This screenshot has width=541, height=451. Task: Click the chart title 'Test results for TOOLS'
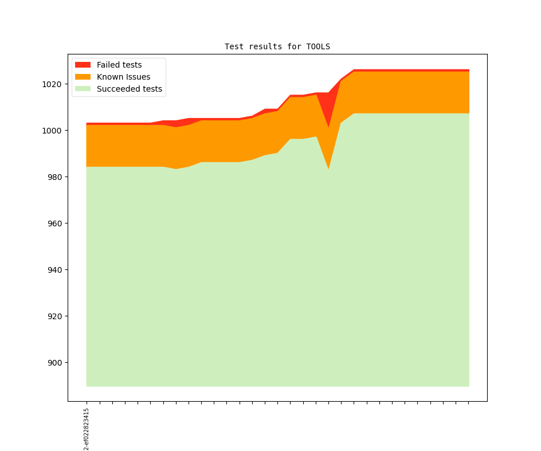(277, 46)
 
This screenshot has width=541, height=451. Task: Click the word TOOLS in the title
(318, 46)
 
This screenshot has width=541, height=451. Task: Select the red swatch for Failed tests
(83, 65)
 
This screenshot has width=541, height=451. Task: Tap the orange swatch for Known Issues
(83, 77)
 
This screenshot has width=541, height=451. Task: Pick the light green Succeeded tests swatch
(83, 89)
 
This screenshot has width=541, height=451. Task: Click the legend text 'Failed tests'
(119, 65)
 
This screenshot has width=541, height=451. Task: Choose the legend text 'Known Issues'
(123, 77)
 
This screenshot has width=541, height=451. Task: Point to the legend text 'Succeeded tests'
(129, 89)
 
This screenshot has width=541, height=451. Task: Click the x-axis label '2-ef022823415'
(87, 429)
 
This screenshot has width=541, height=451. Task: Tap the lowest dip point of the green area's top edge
(328, 169)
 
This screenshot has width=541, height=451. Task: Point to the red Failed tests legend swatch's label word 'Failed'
(108, 65)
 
